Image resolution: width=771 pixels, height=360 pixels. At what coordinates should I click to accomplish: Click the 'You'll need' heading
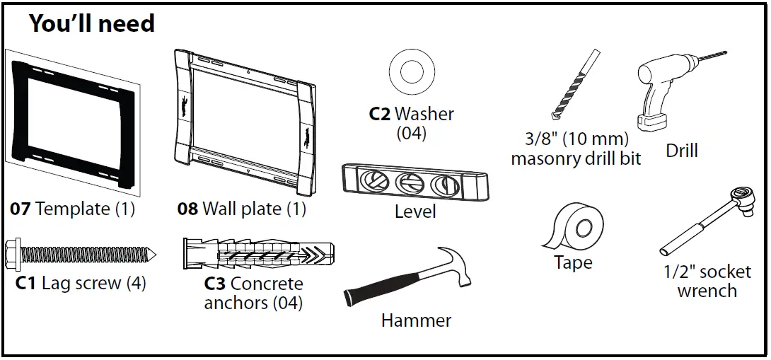tap(92, 23)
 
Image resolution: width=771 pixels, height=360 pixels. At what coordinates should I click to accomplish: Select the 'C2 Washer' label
tap(412, 114)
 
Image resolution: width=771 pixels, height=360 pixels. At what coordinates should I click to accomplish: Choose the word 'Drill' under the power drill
tap(682, 151)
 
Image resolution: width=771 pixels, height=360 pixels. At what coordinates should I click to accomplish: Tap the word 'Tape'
tap(573, 263)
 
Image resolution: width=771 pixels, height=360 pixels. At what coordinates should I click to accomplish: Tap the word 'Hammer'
tap(416, 321)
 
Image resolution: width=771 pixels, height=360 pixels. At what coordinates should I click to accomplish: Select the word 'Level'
tap(415, 211)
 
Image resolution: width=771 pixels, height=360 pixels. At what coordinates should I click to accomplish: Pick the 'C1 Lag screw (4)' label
tap(81, 284)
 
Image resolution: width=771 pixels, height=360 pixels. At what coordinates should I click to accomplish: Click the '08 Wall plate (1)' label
tap(241, 209)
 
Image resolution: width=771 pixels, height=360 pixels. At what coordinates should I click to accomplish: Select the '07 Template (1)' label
tap(73, 209)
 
